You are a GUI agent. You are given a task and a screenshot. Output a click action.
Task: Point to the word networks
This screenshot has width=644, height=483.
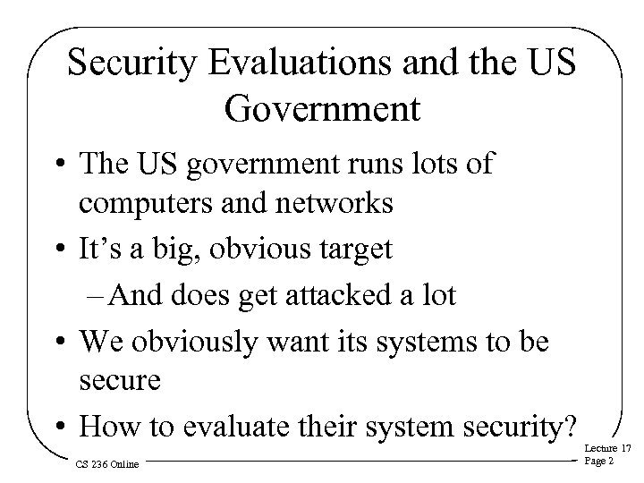coord(336,203)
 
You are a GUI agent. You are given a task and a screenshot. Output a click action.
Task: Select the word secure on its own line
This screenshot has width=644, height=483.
coord(120,382)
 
